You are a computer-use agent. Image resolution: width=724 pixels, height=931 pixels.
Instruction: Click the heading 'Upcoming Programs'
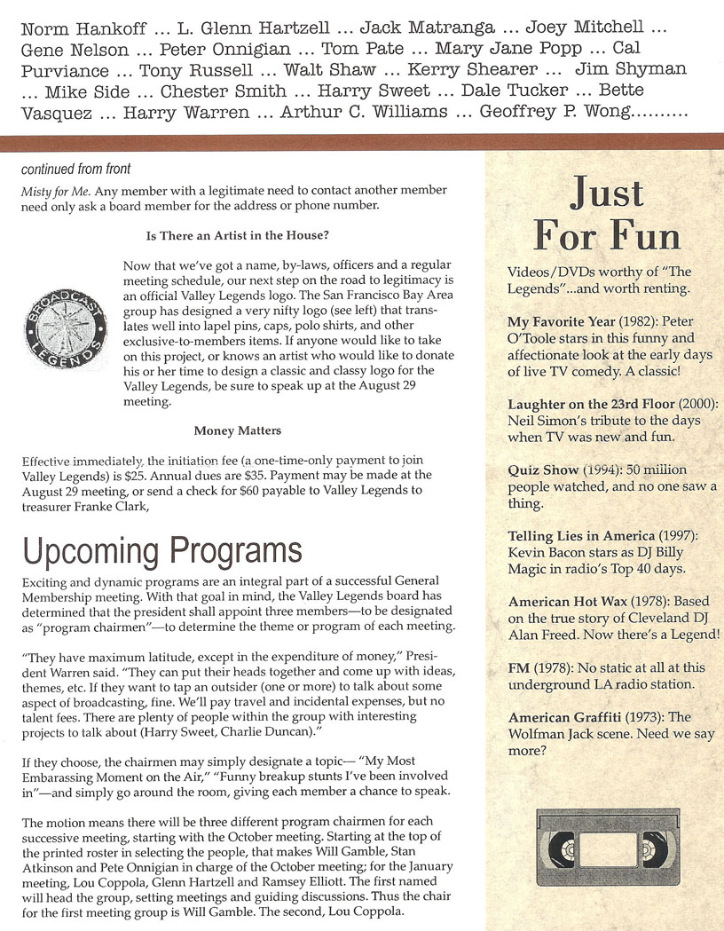pyautogui.click(x=162, y=551)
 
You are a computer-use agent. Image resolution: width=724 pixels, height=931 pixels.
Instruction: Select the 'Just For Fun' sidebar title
pyautogui.click(x=608, y=215)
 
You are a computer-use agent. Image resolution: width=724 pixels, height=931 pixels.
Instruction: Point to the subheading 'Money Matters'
pyautogui.click(x=238, y=430)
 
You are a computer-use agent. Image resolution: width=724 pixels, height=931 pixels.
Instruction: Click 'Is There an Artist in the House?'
pyautogui.click(x=238, y=235)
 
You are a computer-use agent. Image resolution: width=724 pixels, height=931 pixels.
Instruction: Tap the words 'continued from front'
pyautogui.click(x=76, y=169)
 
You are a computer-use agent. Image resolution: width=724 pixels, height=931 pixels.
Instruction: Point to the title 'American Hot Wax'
pyautogui.click(x=563, y=603)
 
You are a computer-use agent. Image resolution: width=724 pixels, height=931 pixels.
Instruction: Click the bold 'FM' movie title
pyautogui.click(x=519, y=668)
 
